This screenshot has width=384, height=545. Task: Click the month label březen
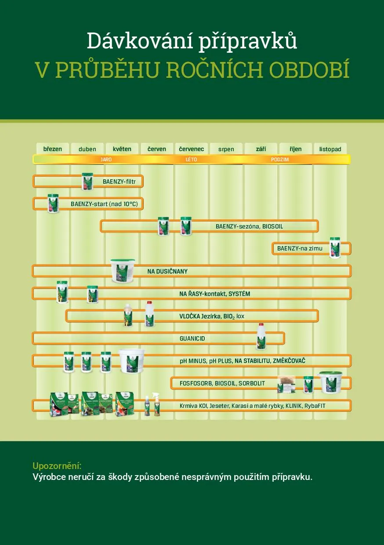[x=53, y=149]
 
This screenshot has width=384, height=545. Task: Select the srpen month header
[x=226, y=149]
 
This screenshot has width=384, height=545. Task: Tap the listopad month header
[x=330, y=149]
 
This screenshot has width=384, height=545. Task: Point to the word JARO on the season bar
[x=106, y=160]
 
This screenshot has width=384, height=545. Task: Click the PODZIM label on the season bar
[x=280, y=160]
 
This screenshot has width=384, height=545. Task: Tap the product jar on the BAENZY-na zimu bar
[x=335, y=247]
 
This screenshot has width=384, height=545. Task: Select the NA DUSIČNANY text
[x=167, y=271]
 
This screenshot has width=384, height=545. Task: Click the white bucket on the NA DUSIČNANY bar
[x=123, y=271]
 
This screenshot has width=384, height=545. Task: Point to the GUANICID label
[x=192, y=339]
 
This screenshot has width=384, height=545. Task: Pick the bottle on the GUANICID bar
[x=261, y=337]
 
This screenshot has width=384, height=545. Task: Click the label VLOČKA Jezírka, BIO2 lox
[x=212, y=316]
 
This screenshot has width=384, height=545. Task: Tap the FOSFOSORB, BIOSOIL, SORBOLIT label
[x=222, y=383]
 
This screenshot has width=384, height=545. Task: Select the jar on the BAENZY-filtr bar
[x=87, y=182]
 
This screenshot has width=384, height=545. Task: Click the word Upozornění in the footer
[x=57, y=466]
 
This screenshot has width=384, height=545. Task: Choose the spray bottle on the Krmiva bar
[x=156, y=404]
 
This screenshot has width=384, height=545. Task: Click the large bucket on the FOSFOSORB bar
[x=330, y=382]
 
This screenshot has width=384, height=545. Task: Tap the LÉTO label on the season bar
[x=191, y=160]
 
